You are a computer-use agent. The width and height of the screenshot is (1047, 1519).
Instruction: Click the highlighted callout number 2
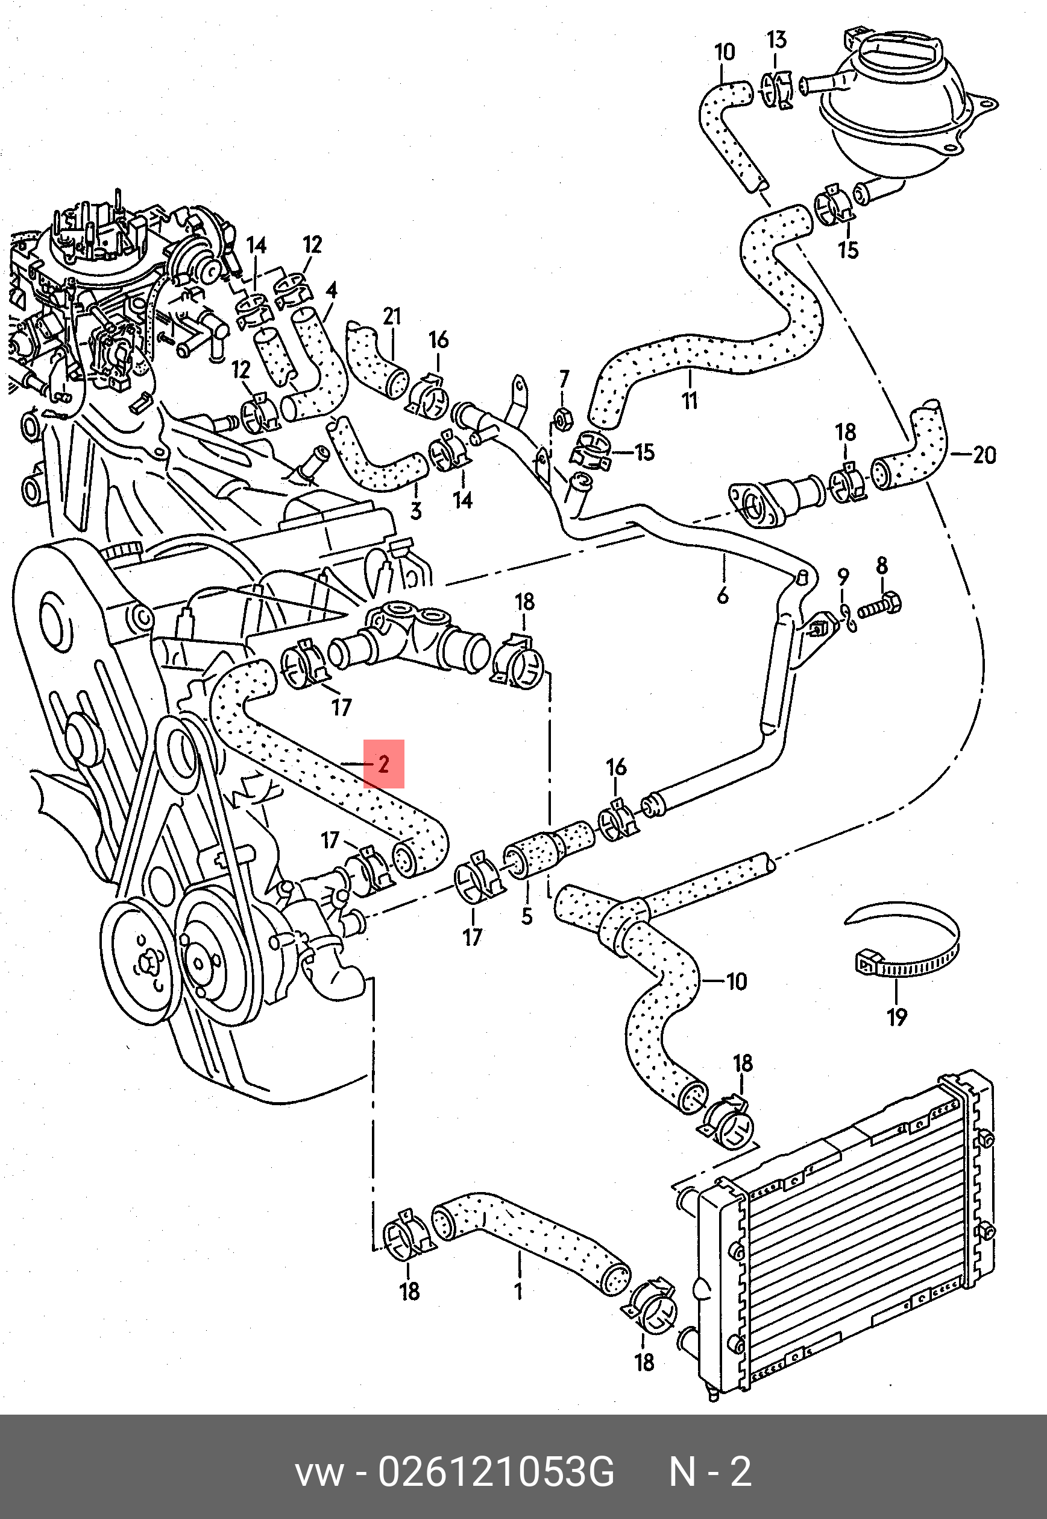(384, 764)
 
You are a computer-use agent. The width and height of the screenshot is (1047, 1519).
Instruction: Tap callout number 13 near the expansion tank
(776, 40)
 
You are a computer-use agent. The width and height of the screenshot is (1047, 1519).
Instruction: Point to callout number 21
(392, 317)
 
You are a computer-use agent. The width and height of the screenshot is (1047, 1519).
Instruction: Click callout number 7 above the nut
(564, 379)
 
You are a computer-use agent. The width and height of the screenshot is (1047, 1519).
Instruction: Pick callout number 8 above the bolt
(882, 566)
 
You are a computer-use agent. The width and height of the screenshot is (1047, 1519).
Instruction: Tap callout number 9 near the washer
(843, 578)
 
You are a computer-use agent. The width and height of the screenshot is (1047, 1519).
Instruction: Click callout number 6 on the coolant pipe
(722, 595)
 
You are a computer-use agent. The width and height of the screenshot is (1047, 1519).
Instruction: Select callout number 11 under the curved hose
(690, 400)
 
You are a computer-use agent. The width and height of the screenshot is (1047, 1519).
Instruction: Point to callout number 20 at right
(984, 454)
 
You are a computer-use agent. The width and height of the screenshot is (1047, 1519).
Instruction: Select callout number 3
(416, 511)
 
